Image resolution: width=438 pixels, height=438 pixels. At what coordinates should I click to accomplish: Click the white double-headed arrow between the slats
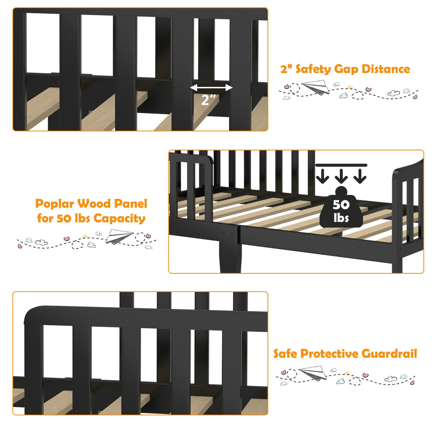click(x=211, y=88)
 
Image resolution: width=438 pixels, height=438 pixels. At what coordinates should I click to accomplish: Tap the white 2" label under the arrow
click(x=209, y=100)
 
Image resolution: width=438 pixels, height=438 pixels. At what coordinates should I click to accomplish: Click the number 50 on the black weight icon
click(x=341, y=205)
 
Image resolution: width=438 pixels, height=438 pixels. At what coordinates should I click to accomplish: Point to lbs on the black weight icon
click(x=341, y=218)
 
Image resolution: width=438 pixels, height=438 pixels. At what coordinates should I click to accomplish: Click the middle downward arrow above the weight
click(x=342, y=176)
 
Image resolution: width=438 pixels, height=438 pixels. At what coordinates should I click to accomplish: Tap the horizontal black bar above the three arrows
click(x=342, y=165)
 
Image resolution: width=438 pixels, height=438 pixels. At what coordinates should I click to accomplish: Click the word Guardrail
click(x=389, y=353)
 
